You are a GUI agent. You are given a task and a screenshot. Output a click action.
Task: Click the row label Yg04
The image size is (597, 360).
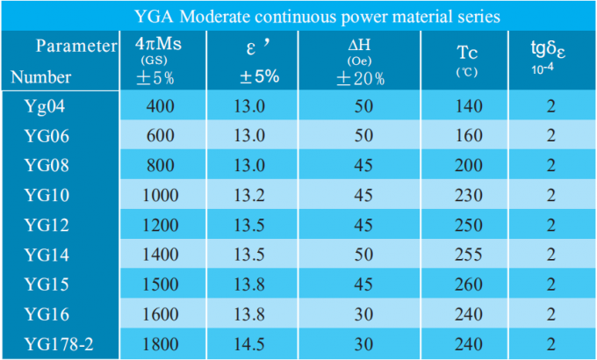pyautogui.click(x=45, y=107)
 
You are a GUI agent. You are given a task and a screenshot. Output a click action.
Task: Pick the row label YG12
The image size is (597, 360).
pyautogui.click(x=45, y=226)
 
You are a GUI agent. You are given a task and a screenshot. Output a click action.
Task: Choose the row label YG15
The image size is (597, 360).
pyautogui.click(x=45, y=284)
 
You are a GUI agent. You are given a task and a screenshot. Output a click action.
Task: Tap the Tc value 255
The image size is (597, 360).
pyautogui.click(x=471, y=255)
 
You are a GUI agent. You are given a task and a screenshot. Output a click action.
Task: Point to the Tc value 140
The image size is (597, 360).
pyautogui.click(x=471, y=107)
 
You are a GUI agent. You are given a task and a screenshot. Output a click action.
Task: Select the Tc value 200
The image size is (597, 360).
pyautogui.click(x=471, y=166)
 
